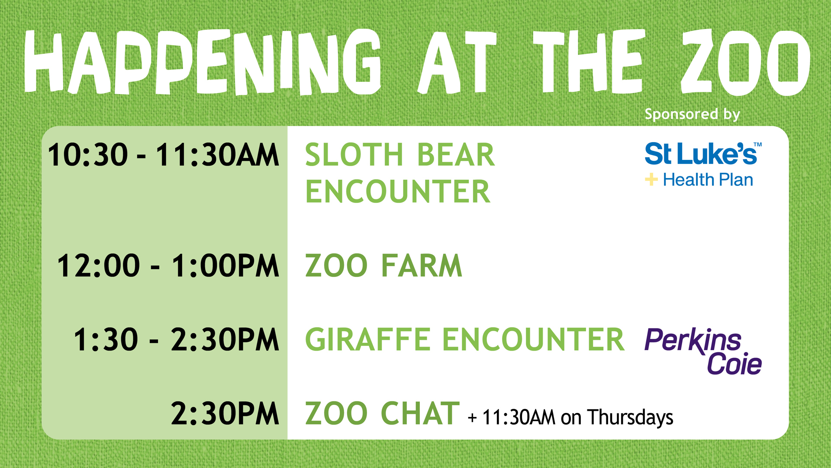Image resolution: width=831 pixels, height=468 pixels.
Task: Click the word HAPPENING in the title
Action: tap(203, 62)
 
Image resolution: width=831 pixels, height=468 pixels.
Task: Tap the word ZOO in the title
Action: tap(745, 62)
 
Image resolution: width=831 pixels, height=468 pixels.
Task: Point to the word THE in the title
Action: tap(587, 62)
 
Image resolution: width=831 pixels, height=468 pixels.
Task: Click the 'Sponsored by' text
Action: tap(692, 114)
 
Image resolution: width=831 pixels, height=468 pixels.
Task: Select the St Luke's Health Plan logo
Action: tap(703, 165)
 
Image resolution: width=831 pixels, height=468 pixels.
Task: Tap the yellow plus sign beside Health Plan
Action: tap(651, 179)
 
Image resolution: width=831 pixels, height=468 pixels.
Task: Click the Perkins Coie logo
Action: tap(703, 351)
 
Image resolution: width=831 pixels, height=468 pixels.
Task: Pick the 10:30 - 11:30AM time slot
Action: tap(163, 155)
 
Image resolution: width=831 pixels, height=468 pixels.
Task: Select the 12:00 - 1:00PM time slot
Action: tap(168, 266)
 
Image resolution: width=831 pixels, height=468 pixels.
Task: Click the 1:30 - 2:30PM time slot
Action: tap(176, 339)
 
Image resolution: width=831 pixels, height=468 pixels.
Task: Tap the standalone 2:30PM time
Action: tap(225, 413)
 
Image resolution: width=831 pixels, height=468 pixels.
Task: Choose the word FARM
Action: tap(422, 266)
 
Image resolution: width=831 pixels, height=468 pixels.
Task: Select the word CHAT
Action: tap(420, 413)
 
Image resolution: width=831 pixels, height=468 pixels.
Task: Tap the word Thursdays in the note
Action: tap(630, 418)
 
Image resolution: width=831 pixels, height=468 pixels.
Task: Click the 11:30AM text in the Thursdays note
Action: tap(519, 418)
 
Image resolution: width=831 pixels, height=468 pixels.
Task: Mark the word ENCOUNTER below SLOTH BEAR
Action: tap(398, 192)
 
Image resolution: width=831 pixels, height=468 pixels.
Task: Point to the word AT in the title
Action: tap(457, 62)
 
